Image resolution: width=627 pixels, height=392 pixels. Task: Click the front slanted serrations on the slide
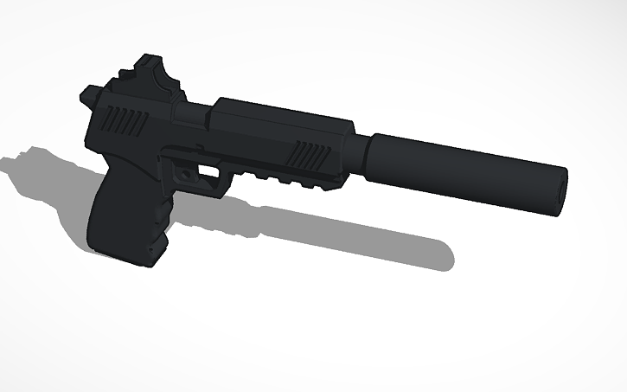[x=309, y=157]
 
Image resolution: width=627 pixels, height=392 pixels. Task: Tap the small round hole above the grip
[x=183, y=173]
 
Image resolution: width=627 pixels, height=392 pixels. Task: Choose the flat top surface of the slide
[x=277, y=111]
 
